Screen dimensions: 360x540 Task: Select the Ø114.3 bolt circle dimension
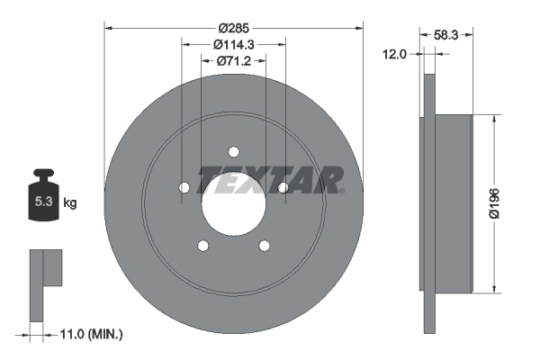pos(234,44)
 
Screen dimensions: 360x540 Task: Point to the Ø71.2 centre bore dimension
pos(234,61)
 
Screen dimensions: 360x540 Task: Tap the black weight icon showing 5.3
pos(42,195)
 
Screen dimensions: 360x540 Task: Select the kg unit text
pos(69,202)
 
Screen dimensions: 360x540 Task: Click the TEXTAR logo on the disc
pos(270,180)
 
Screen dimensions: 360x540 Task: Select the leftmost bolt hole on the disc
pos(184,187)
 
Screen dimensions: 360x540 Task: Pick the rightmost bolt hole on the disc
pos(283,187)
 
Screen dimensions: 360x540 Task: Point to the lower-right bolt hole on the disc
pos(265,246)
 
